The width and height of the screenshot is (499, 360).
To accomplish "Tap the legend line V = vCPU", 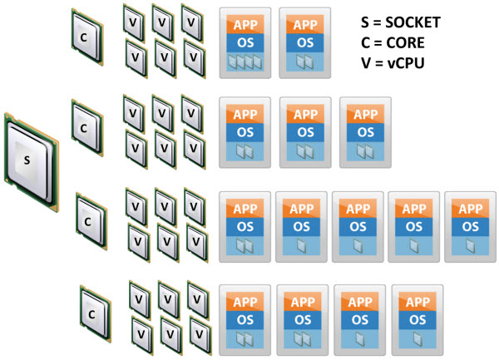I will (x=394, y=61).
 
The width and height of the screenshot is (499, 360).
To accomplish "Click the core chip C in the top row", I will (x=83, y=37).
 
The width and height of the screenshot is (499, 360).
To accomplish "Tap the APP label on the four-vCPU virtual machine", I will (x=245, y=22).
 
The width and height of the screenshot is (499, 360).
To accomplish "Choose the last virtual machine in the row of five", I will (x=470, y=225).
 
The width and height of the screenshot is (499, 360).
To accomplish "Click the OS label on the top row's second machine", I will (x=304, y=42).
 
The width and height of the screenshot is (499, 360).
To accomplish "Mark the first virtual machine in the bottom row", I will (x=245, y=318).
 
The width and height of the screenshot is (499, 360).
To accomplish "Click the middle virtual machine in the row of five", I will (x=357, y=225).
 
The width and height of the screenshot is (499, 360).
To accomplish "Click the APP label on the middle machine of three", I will (x=305, y=114).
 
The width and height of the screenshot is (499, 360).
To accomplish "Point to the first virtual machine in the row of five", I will (x=245, y=225).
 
